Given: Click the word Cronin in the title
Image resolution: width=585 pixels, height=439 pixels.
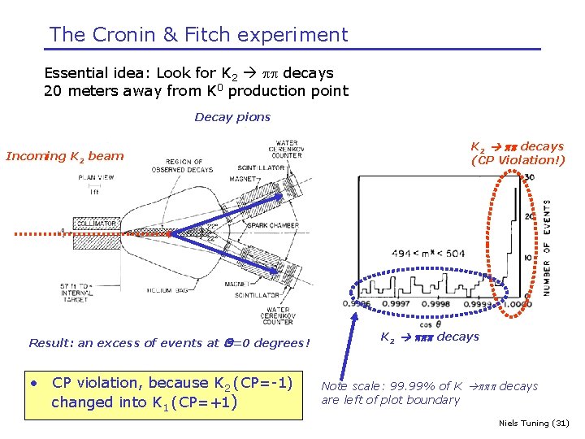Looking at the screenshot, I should [116, 35].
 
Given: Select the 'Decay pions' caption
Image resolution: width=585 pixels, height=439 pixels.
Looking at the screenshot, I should [232, 117].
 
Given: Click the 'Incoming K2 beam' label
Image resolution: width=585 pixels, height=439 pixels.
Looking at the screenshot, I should [65, 156].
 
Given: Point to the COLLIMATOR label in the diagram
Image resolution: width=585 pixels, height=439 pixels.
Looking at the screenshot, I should [96, 222].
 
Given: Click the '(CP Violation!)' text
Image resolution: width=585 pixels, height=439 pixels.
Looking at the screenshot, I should [518, 160].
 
